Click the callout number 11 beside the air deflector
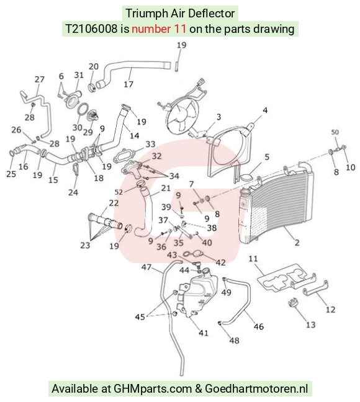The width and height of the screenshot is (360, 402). click(253, 259)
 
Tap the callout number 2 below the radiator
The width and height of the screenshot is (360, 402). click(297, 243)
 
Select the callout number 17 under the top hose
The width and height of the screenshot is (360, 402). click(128, 84)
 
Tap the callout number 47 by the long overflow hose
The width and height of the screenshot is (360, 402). click(146, 267)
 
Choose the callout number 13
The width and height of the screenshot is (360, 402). click(310, 325)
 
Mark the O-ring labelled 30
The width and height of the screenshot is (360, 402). click(82, 112)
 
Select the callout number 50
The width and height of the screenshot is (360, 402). click(335, 132)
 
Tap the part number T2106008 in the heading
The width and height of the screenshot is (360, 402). click(91, 29)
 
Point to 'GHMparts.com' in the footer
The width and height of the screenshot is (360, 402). click(153, 389)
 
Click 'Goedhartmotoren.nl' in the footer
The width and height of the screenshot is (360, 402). click(256, 389)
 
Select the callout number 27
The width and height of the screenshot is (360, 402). click(40, 79)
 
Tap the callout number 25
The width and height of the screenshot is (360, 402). click(11, 174)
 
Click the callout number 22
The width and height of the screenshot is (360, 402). click(114, 203)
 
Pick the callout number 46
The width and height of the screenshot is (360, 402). click(259, 326)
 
